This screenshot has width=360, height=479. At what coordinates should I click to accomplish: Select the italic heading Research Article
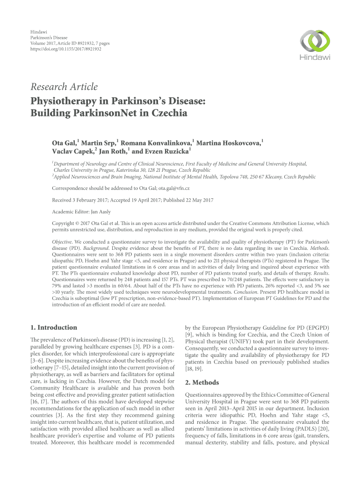pyautogui.click(x=64, y=87)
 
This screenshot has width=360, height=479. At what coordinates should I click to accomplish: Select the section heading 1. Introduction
pyautogui.click(x=54, y=327)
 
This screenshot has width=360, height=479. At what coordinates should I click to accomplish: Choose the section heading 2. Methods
pyautogui.click(x=203, y=383)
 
